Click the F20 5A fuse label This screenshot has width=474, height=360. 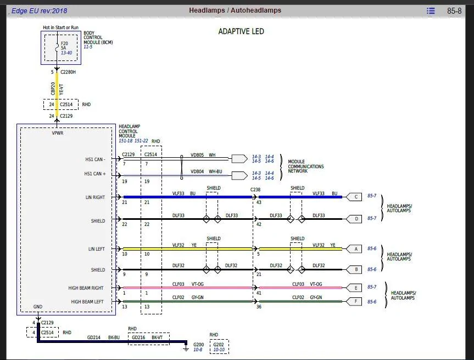tap(64, 46)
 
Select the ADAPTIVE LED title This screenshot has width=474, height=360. tap(241, 31)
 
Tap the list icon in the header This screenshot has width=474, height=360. tap(431, 11)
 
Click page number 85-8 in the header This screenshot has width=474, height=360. tap(454, 11)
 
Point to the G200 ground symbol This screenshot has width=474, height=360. tap(186, 347)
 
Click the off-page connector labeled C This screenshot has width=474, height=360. tap(354, 197)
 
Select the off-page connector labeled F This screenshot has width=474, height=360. tap(354, 301)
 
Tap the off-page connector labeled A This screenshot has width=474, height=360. tap(354, 249)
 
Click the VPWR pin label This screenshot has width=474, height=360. tap(58, 133)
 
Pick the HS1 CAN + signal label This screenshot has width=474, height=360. tap(95, 174)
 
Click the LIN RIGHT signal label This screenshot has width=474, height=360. tap(95, 197)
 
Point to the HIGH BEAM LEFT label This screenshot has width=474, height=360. tap(87, 302)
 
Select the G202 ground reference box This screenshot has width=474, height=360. tap(219, 347)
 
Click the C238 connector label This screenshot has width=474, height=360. tap(255, 190)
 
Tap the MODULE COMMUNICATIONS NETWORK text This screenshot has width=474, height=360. tap(305, 167)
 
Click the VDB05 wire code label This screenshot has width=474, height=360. tap(197, 155)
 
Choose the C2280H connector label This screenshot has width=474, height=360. tap(68, 72)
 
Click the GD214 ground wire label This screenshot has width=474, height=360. tap(94, 337)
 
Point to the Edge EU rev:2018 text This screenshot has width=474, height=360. tap(40, 11)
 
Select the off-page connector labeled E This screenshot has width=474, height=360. tap(354, 287)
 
